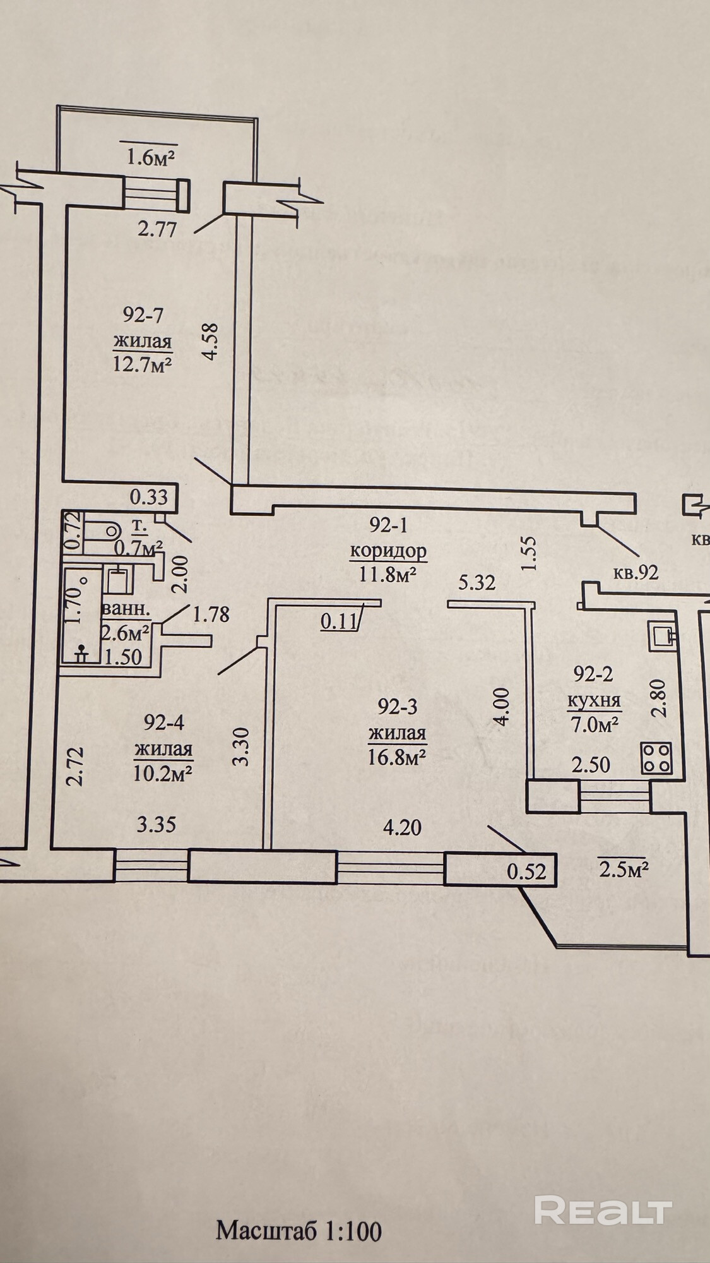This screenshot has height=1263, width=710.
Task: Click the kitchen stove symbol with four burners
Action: [x=657, y=758]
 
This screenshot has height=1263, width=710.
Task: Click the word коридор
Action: [x=388, y=551]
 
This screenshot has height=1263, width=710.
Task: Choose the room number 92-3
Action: [x=398, y=706]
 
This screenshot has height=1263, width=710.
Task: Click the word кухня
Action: [x=594, y=700]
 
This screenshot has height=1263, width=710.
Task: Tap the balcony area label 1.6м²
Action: [x=151, y=156]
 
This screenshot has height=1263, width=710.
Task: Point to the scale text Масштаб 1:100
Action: [x=299, y=1231]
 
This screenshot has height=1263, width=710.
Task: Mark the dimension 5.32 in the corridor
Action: [x=476, y=582]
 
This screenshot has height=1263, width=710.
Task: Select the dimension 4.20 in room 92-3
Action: [x=402, y=827]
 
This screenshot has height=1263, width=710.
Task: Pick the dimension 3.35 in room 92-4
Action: [x=157, y=825]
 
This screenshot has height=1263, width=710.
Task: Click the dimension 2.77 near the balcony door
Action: [x=157, y=228]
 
